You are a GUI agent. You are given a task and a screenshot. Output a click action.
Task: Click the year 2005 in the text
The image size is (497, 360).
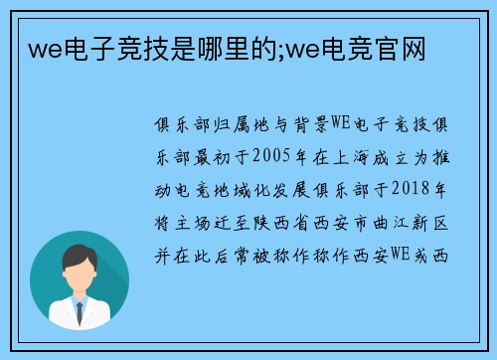tap(273, 154)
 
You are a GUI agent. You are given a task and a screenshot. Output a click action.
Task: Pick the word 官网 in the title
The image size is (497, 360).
tap(406, 47)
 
